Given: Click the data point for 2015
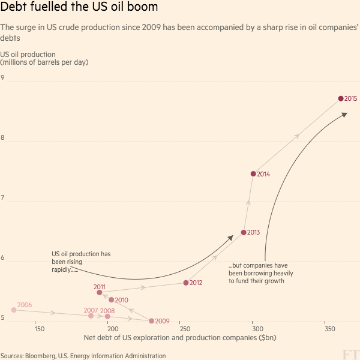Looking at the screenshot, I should click(341, 98).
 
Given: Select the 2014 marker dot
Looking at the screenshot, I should click(253, 174).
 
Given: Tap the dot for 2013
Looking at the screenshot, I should click(244, 232).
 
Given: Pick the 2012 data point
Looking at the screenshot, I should click(186, 283).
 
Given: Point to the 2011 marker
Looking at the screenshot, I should click(100, 292).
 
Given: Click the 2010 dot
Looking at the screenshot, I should click(112, 299).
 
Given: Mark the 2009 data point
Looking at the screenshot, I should click(151, 321).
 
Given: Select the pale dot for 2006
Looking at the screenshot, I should click(14, 310).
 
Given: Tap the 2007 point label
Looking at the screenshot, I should click(91, 310).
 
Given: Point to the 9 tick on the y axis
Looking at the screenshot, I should click(3, 78).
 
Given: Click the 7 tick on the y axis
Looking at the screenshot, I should click(3, 198).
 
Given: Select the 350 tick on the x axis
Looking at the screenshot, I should click(329, 329).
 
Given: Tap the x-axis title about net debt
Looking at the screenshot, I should click(180, 338).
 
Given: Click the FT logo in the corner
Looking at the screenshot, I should click(350, 353).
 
